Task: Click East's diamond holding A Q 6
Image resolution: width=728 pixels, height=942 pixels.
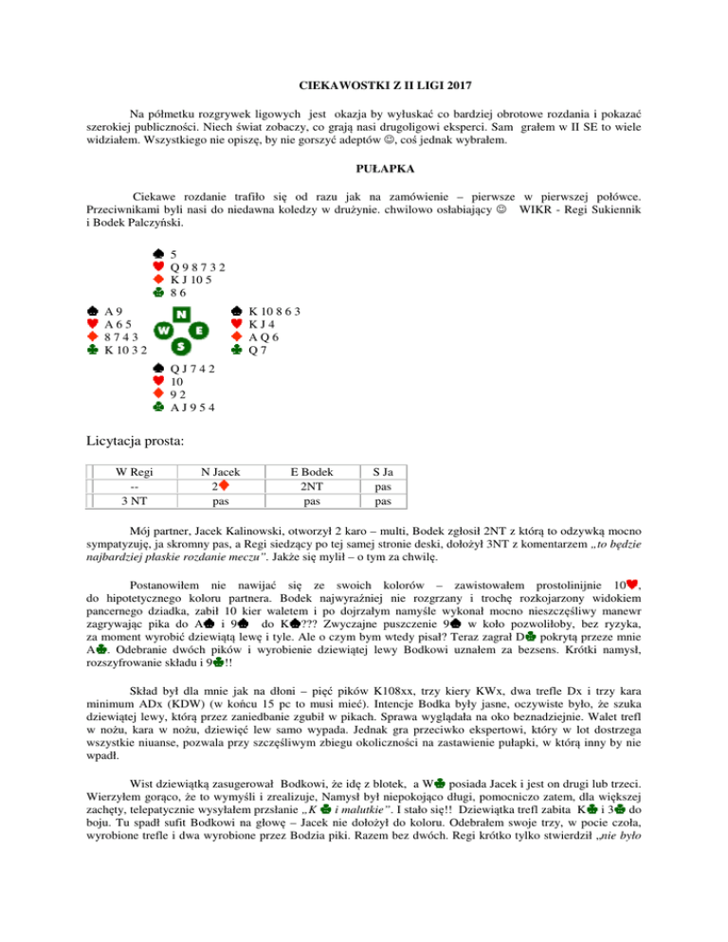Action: pyautogui.click(x=269, y=340)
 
